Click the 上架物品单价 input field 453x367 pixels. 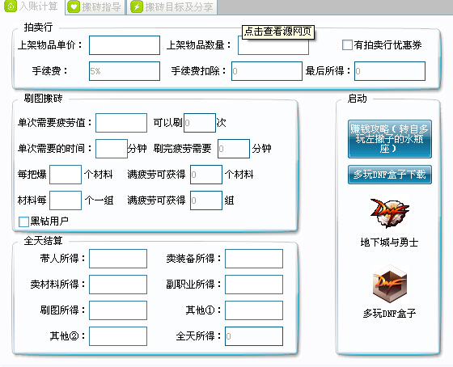pos(125,45)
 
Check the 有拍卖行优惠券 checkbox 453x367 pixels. pos(347,45)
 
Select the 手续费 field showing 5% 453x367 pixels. pos(125,71)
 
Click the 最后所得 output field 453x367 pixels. pos(390,71)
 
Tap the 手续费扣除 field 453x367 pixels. pos(267,71)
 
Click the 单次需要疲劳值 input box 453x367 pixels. pos(121,123)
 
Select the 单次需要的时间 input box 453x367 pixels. pos(112,149)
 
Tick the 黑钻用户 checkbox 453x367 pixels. pos(23,221)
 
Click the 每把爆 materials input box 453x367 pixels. pos(66,175)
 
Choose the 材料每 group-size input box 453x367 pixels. pos(66,200)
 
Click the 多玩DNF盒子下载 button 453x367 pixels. pos(390,175)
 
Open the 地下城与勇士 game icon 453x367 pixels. pos(389,213)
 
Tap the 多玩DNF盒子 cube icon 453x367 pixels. pos(389,284)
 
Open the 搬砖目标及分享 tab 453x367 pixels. pos(172,7)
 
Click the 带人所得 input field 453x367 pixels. pos(118,259)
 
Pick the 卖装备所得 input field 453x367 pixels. pos(254,259)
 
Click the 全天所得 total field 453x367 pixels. pos(254,336)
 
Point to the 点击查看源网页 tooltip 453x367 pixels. pos(278,32)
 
